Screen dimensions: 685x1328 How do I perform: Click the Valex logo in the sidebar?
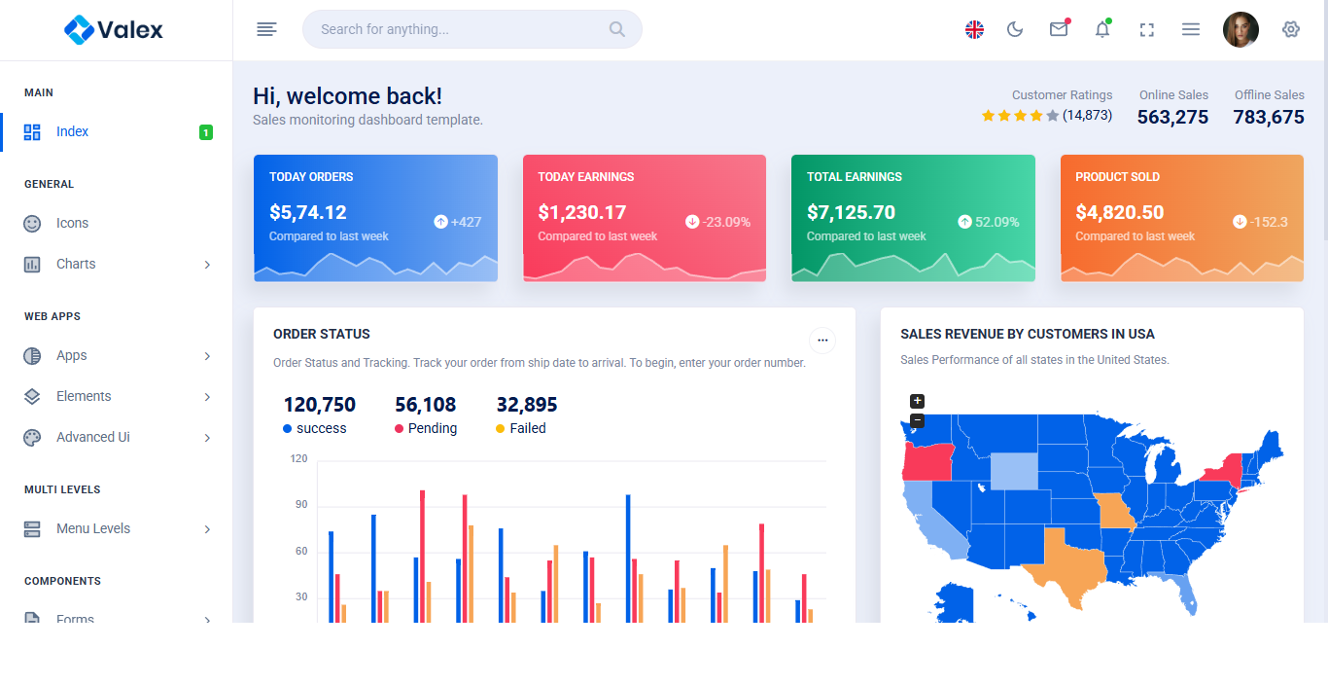pyautogui.click(x=114, y=30)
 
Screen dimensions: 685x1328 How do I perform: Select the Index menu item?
pyautogui.click(x=72, y=132)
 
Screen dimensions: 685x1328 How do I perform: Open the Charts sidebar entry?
pyautogui.click(x=76, y=265)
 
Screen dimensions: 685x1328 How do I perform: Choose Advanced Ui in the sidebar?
pyautogui.click(x=92, y=438)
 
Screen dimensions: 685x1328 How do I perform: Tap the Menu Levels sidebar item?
pyautogui.click(x=92, y=529)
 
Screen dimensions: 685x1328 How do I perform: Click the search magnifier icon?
pyautogui.click(x=617, y=29)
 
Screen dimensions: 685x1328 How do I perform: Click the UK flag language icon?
pyautogui.click(x=974, y=29)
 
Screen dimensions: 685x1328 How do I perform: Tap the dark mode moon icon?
pyautogui.click(x=1015, y=29)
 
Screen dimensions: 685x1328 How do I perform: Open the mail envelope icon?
pyautogui.click(x=1059, y=29)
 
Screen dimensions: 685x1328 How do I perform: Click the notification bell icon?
pyautogui.click(x=1102, y=29)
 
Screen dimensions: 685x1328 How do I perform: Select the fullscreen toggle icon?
pyautogui.click(x=1147, y=29)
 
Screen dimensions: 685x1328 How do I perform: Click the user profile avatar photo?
pyautogui.click(x=1241, y=29)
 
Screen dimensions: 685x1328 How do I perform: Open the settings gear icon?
pyautogui.click(x=1291, y=29)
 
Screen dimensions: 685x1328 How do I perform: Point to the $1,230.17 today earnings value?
pyautogui.click(x=582, y=212)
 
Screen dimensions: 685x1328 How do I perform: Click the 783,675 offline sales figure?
pyautogui.click(x=1269, y=118)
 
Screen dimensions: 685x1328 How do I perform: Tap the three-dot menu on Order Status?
pyautogui.click(x=822, y=340)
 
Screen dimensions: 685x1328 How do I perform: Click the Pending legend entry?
pyautogui.click(x=432, y=429)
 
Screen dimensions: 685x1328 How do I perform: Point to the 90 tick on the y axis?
pyautogui.click(x=301, y=505)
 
